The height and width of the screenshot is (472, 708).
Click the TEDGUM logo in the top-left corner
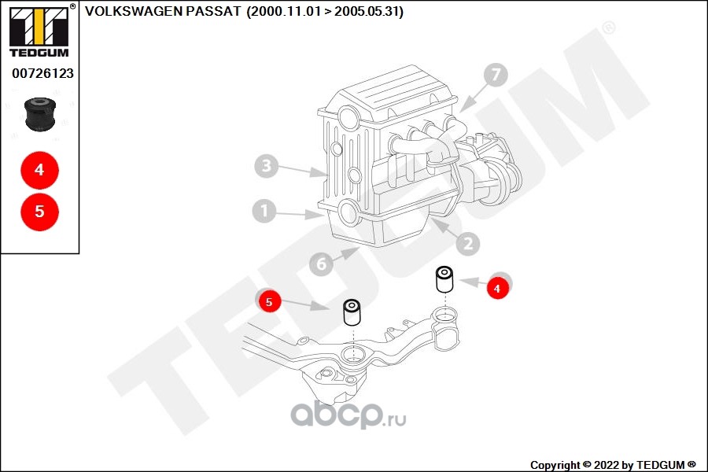pyautogui.click(x=38, y=31)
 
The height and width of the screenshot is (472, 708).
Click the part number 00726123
pyautogui.click(x=42, y=73)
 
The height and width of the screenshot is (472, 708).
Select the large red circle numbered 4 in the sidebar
pyautogui.click(x=39, y=170)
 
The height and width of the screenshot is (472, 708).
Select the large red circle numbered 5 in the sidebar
pyautogui.click(x=39, y=212)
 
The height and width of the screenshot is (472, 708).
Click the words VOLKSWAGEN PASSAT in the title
pyautogui.click(x=163, y=12)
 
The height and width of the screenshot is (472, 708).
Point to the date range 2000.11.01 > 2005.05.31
pyautogui.click(x=325, y=12)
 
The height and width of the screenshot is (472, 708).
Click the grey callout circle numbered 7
pyautogui.click(x=495, y=76)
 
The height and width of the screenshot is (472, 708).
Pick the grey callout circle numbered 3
pyautogui.click(x=267, y=166)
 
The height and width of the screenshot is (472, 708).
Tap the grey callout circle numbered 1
pyautogui.click(x=264, y=211)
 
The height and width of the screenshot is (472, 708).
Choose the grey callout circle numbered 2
pyautogui.click(x=467, y=244)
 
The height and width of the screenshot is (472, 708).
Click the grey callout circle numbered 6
pyautogui.click(x=321, y=264)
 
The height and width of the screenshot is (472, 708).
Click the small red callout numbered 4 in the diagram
pyautogui.click(x=496, y=289)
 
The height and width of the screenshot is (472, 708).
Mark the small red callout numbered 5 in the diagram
pyautogui.click(x=269, y=301)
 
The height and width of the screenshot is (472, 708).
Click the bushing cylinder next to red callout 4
pyautogui.click(x=445, y=279)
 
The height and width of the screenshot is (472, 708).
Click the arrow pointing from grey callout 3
pyautogui.click(x=303, y=170)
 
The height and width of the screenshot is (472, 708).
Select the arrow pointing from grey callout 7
pyautogui.click(x=470, y=98)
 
